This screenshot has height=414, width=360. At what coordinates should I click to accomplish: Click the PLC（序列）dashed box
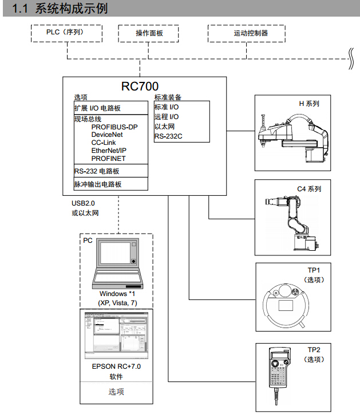65,33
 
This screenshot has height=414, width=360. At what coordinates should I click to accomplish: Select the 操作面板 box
149,33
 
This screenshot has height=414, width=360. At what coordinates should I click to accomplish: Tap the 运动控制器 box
251,33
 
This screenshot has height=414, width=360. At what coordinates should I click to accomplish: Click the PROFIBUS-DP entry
114,127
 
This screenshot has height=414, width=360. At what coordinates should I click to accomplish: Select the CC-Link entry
104,143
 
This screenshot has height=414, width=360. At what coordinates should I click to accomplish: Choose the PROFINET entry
108,158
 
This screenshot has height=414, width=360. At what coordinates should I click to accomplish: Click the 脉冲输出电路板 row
98,184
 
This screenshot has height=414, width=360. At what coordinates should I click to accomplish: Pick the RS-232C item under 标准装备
168,136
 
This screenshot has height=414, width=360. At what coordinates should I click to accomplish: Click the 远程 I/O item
167,116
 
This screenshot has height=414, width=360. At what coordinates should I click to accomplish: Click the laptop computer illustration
117,263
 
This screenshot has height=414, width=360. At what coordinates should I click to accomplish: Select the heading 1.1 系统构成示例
56,9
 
